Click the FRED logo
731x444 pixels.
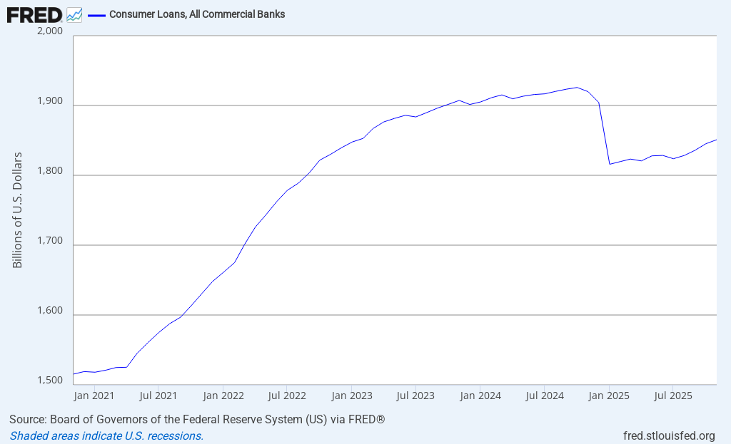pos(34,14)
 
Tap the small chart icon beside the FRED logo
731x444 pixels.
pos(74,14)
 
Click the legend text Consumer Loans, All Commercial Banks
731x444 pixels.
pos(197,14)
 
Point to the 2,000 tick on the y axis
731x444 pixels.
pos(49,31)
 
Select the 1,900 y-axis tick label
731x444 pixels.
pos(49,101)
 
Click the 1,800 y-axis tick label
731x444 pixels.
pos(49,171)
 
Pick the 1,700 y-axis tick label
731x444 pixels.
pos(49,241)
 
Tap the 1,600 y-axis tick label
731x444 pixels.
pos(49,311)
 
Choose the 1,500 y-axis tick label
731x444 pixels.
pos(49,381)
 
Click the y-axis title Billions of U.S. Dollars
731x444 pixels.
pos(18,210)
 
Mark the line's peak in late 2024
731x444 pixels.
pos(577,88)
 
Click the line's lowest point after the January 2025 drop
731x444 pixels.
pos(610,164)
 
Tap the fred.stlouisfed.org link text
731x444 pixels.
pos(669,435)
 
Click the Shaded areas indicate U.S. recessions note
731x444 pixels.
pos(106,435)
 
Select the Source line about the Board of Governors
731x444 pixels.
pos(197,419)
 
